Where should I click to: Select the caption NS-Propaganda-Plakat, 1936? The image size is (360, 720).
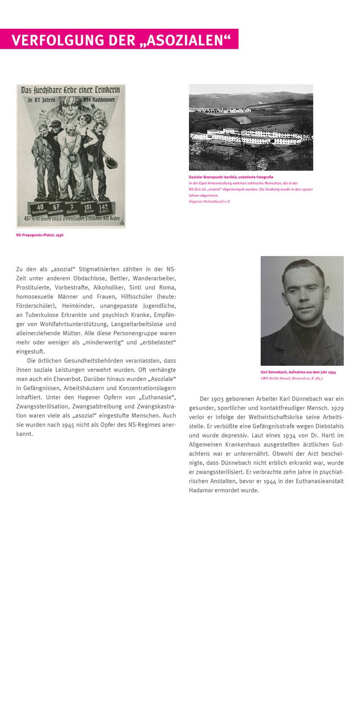40,235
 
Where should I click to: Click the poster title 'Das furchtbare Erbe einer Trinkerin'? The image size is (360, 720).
71,90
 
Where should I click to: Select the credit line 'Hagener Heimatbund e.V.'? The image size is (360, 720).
209,201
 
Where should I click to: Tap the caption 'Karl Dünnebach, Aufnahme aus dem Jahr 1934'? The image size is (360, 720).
298,372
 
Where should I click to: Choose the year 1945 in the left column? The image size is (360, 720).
69,424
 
